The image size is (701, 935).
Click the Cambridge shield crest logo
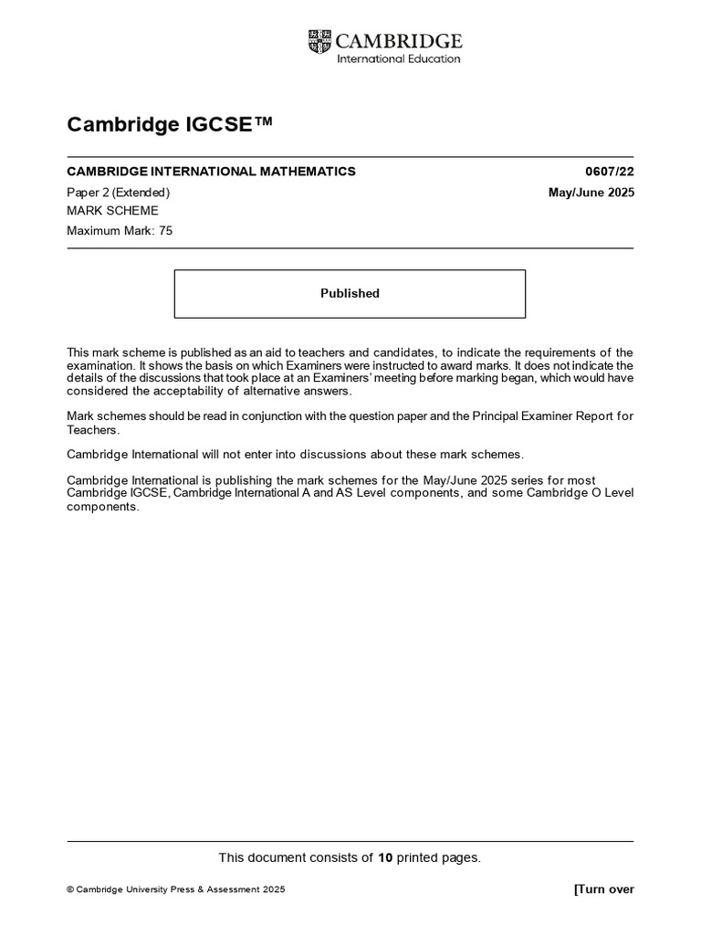point(320,40)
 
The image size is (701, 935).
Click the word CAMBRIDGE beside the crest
point(400,41)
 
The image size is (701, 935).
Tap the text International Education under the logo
point(399,59)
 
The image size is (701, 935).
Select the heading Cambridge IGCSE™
point(170,125)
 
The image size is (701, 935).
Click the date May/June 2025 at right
point(589,193)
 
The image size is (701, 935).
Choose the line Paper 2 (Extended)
point(119,193)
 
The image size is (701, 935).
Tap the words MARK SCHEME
point(112,211)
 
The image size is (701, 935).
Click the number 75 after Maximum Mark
point(165,231)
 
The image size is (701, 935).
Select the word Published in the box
point(350,294)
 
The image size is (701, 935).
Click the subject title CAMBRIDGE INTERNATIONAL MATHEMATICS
point(211,172)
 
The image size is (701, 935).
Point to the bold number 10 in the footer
point(385,857)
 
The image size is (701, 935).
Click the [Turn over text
point(603,890)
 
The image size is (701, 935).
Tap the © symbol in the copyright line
point(70,890)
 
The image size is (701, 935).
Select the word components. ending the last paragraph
point(103,507)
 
